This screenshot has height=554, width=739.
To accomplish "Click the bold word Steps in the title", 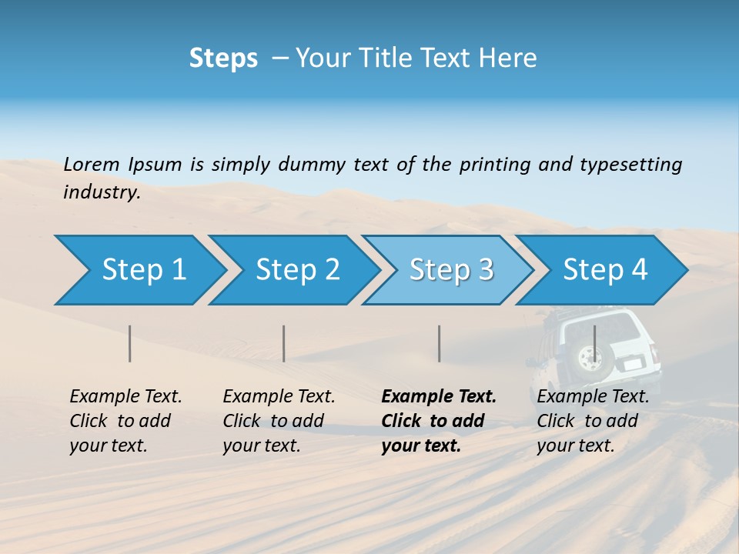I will [223, 58].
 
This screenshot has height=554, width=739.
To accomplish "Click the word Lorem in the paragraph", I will [92, 164].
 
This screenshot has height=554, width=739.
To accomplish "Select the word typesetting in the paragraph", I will [630, 164].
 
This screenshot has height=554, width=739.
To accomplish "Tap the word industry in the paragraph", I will [102, 192].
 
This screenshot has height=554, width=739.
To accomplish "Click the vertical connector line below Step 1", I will [130, 343].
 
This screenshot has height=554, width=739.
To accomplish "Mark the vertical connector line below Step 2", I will [284, 343].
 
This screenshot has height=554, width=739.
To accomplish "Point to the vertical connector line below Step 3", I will [439, 343].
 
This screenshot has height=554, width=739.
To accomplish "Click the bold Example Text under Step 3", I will [439, 397].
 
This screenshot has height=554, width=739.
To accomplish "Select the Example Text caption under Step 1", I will [125, 397].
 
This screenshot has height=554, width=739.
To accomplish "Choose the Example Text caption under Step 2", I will [279, 397].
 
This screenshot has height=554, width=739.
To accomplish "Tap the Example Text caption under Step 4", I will [593, 397].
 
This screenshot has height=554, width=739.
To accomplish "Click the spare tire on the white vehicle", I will [590, 358].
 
